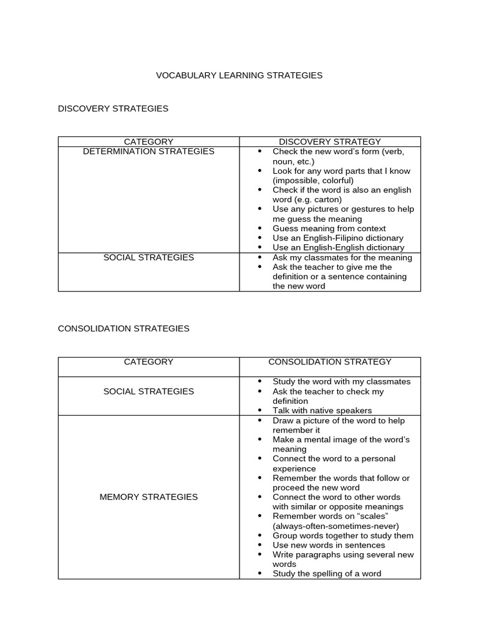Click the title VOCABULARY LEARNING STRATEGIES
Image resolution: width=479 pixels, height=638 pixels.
pyautogui.click(x=239, y=75)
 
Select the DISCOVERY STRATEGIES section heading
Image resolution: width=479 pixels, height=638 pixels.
pyautogui.click(x=113, y=108)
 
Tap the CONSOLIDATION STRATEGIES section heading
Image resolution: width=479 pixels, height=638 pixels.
pyautogui.click(x=123, y=328)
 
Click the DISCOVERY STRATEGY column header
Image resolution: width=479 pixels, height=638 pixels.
pyautogui.click(x=329, y=142)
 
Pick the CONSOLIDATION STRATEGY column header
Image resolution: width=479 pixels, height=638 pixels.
pyautogui.click(x=330, y=362)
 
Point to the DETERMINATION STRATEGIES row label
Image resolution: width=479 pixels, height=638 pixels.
pyautogui.click(x=148, y=151)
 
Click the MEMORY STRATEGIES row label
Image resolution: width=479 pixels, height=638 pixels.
pyautogui.click(x=148, y=497)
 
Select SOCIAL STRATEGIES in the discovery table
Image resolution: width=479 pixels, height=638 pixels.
pyautogui.click(x=148, y=257)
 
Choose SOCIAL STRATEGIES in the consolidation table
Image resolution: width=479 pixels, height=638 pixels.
pyautogui.click(x=148, y=391)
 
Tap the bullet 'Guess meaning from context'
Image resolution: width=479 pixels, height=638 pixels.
pyautogui.click(x=329, y=229)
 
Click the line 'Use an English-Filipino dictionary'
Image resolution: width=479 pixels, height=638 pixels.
pyautogui.click(x=337, y=238)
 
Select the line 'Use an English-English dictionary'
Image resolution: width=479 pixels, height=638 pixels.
pyautogui.click(x=338, y=248)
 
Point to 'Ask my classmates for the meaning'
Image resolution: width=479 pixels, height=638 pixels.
pyautogui.click(x=342, y=258)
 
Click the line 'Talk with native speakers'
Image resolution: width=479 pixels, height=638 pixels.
pyautogui.click(x=322, y=411)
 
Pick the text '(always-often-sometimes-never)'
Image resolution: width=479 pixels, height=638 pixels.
pyautogui.click(x=336, y=526)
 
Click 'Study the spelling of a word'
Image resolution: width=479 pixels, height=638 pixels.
pyautogui.click(x=326, y=574)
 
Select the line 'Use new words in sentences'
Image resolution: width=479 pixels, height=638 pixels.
pyautogui.click(x=329, y=545)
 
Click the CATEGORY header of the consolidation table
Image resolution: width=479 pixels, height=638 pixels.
pyautogui.click(x=148, y=362)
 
